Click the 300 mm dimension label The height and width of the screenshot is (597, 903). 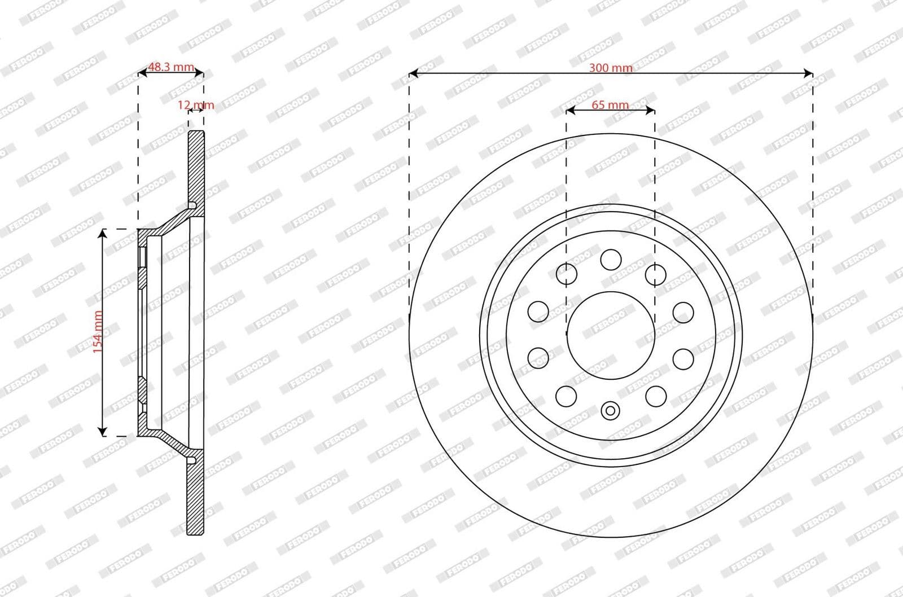point(611,68)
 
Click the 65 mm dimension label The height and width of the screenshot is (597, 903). point(610,104)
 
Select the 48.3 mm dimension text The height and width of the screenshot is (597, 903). point(170,67)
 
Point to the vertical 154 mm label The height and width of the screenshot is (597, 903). point(98,332)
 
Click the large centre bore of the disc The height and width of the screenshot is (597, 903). point(611,336)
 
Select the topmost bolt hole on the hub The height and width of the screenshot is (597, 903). point(611,260)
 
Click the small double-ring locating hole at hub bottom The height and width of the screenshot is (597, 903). point(610,410)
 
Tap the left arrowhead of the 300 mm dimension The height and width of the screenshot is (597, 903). point(413,73)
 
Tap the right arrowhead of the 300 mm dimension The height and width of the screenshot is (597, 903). point(809,73)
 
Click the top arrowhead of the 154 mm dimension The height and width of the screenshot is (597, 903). point(102,233)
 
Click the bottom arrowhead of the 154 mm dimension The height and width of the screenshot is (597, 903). point(102,432)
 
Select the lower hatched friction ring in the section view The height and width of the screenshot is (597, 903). point(196,497)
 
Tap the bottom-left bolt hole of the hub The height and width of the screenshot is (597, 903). point(566,397)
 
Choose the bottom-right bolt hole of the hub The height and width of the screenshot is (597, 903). point(656,397)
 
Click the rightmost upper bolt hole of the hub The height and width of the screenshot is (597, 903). point(683,312)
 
